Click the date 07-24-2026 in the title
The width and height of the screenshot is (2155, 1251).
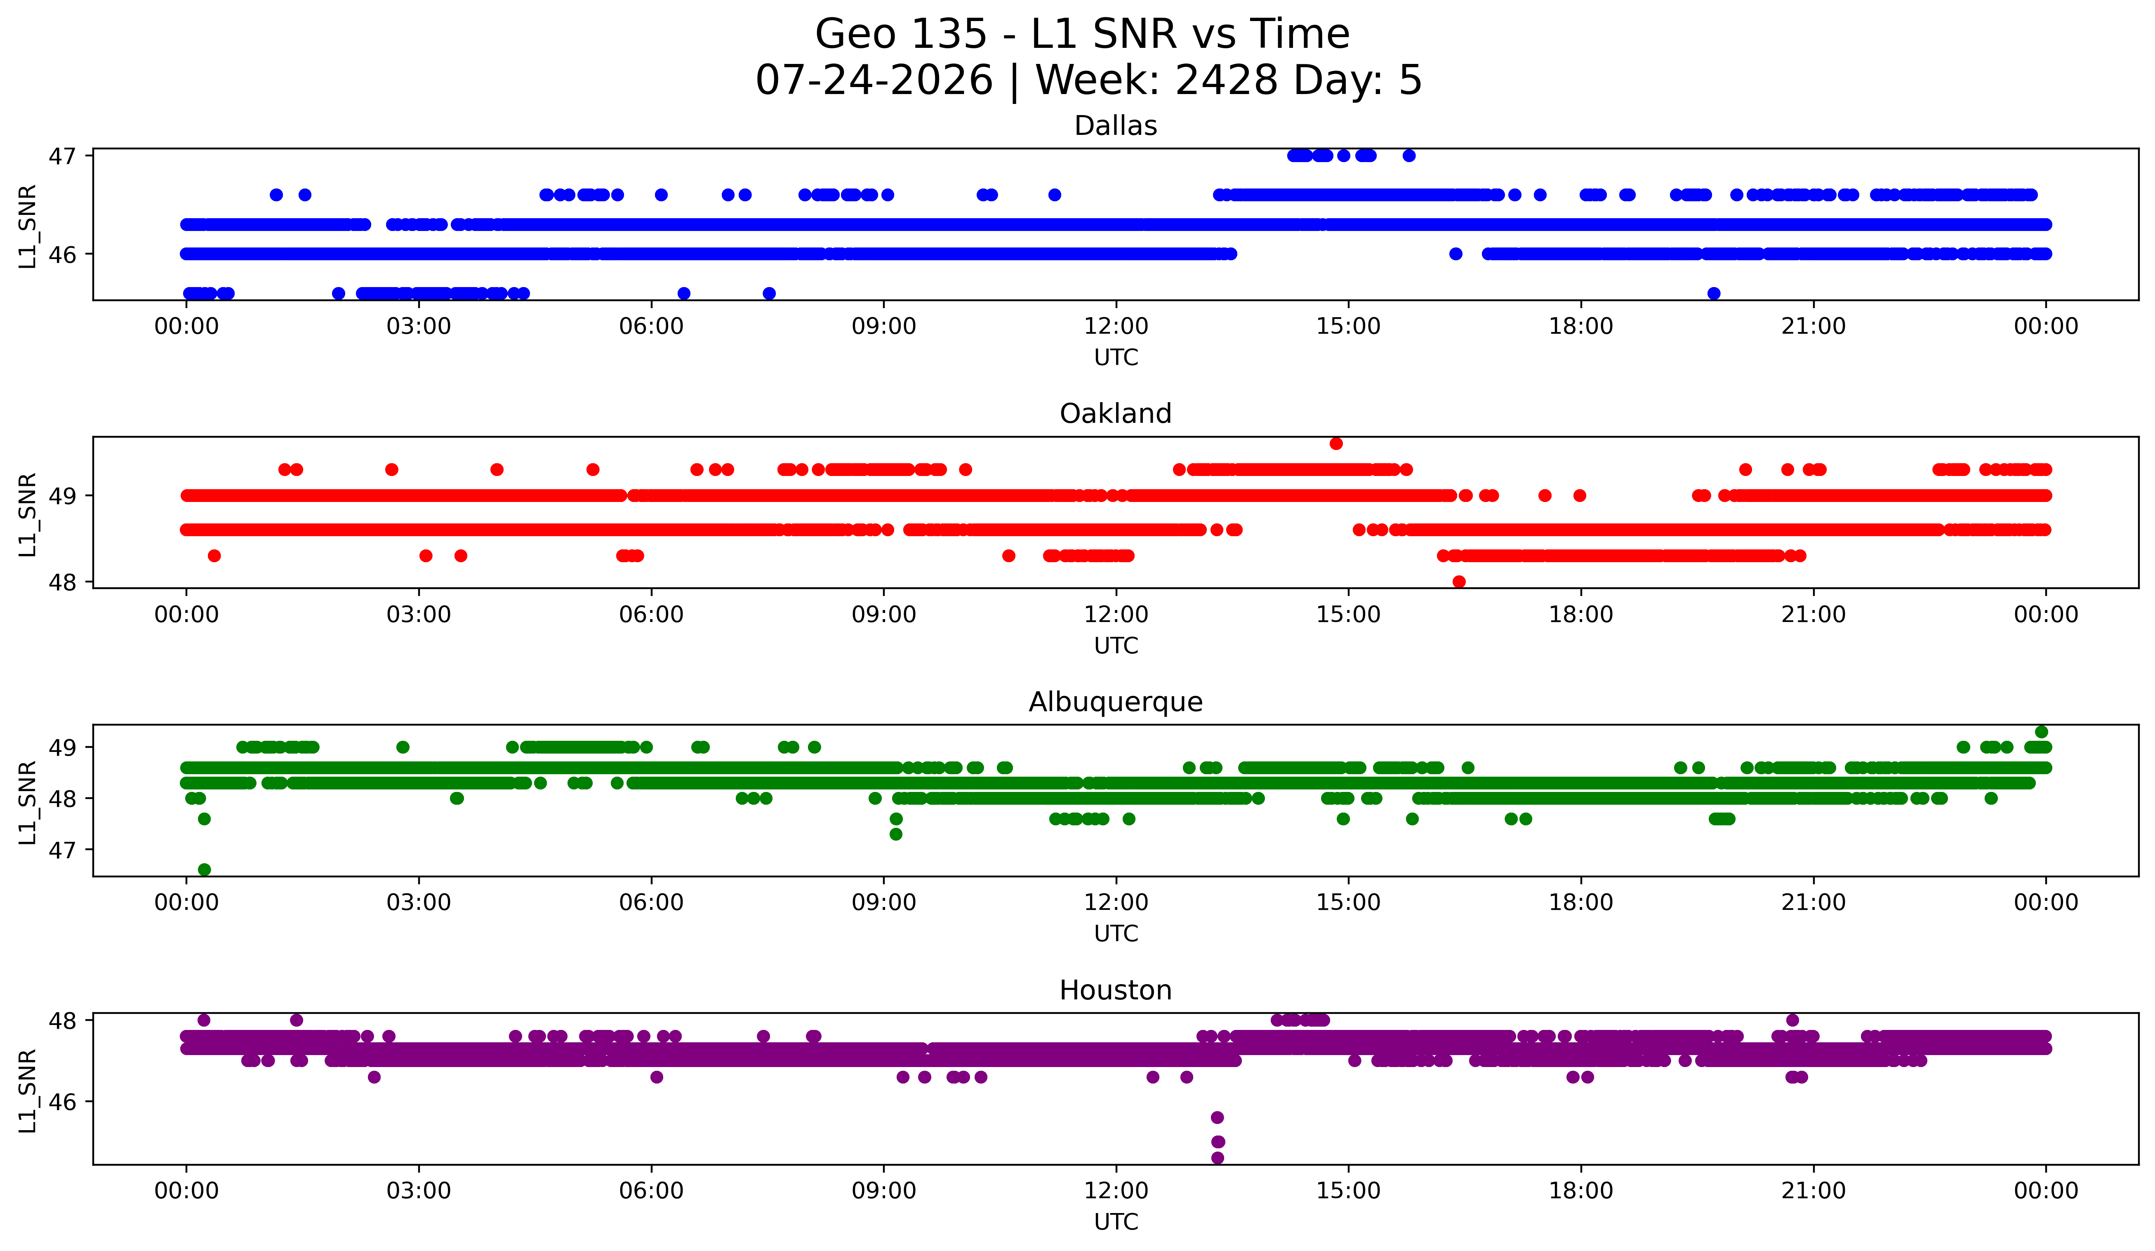coord(874,80)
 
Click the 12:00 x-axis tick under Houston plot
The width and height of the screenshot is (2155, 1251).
coord(1116,1190)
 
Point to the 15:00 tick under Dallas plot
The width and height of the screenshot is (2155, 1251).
coord(1349,326)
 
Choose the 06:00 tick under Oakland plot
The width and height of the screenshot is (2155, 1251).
coord(652,614)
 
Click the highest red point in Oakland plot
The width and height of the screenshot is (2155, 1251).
coord(1336,443)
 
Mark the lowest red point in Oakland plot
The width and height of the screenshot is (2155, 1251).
coord(1459,582)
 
